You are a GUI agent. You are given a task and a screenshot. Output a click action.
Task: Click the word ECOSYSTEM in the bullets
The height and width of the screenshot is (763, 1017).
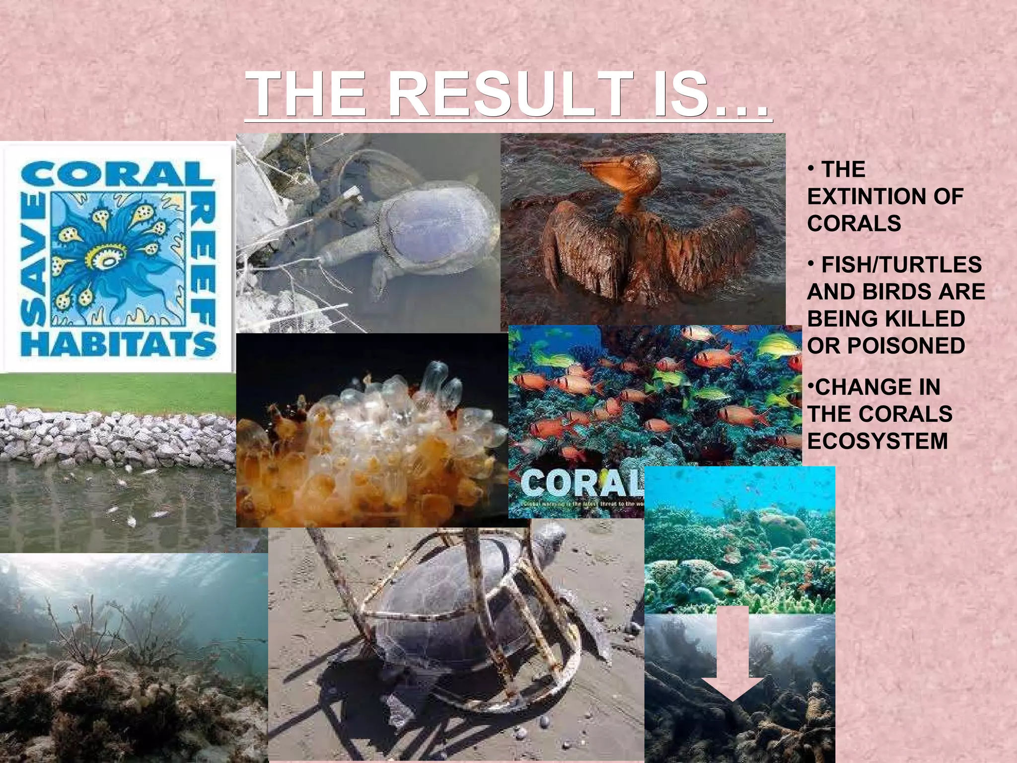(x=877, y=441)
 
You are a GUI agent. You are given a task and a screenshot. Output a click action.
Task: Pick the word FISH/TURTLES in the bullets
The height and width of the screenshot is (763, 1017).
(x=901, y=265)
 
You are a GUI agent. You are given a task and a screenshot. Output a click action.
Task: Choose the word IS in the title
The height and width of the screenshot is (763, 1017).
(x=680, y=94)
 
